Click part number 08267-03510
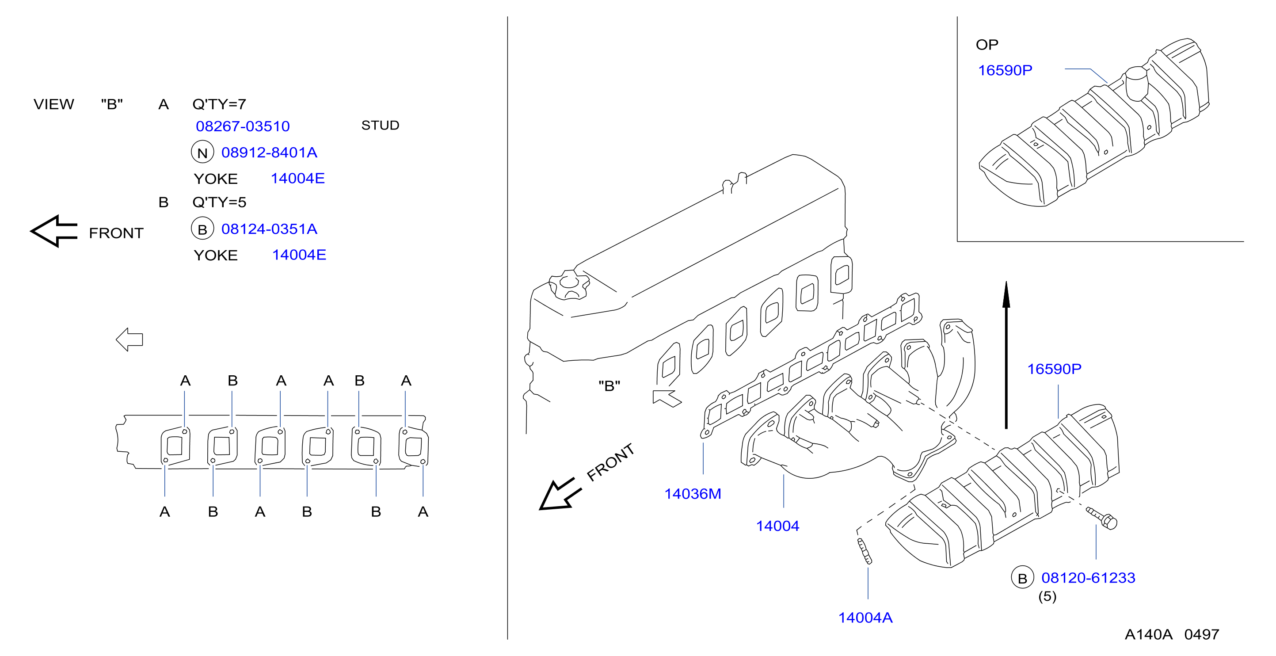click(x=243, y=126)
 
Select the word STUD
click(x=380, y=126)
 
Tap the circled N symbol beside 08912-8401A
click(x=202, y=152)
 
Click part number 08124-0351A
click(x=269, y=229)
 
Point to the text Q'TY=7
click(x=219, y=104)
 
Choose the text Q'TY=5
click(x=219, y=202)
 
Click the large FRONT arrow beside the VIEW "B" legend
click(x=54, y=231)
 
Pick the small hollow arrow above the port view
click(x=130, y=339)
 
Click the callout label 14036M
click(x=693, y=494)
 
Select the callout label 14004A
click(x=865, y=618)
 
